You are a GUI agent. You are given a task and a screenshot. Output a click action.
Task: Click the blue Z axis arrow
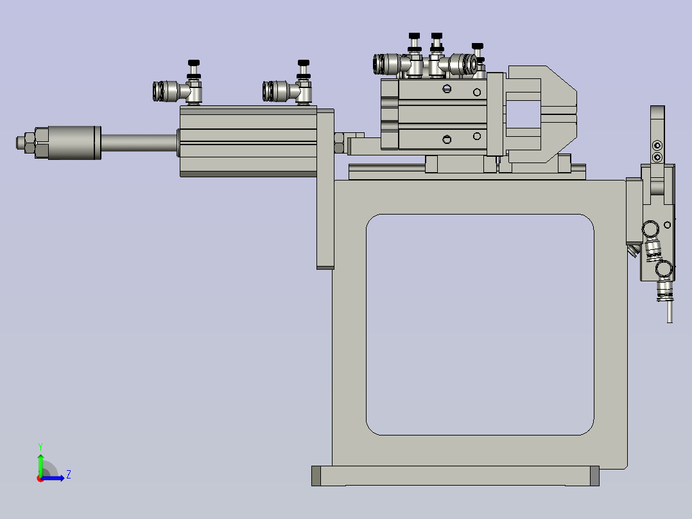point(55,477)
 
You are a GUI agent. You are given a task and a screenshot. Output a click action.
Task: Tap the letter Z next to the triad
point(68,475)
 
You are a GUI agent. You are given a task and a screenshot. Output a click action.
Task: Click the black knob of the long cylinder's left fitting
point(193,63)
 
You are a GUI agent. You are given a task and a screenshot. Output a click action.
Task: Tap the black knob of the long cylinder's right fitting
point(304,63)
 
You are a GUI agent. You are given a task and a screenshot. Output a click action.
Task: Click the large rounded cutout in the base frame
point(479,324)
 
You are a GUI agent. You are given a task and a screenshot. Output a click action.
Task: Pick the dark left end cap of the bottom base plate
point(316,476)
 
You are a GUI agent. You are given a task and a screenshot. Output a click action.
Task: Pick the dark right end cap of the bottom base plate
point(594,476)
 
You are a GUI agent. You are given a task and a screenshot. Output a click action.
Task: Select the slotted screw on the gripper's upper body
point(447,88)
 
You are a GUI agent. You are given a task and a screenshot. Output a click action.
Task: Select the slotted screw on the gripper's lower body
point(447,139)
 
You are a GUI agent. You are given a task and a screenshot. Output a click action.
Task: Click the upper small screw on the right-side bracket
point(656,143)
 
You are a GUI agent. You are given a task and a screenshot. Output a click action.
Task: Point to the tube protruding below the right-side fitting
point(670,312)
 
